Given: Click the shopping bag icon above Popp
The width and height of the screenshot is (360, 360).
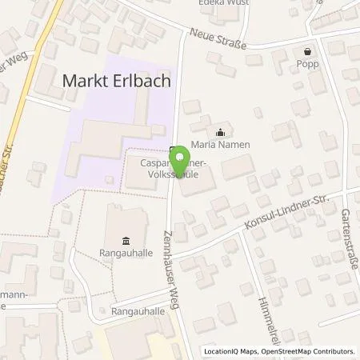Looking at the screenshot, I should [281, 52].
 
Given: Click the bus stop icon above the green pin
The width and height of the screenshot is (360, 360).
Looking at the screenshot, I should [174, 150].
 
